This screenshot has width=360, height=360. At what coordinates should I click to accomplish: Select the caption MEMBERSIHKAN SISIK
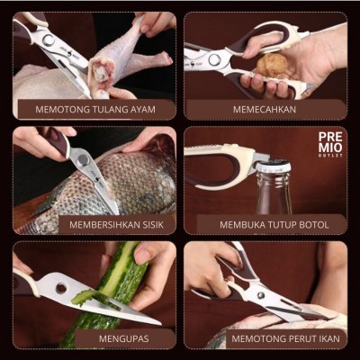coord(114,224)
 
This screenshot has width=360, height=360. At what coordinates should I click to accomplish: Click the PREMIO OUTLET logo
coord(331,144)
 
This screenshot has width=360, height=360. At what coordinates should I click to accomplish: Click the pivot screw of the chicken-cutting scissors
coord(48,40)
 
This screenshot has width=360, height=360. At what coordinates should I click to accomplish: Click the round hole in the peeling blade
coord(60,288)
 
